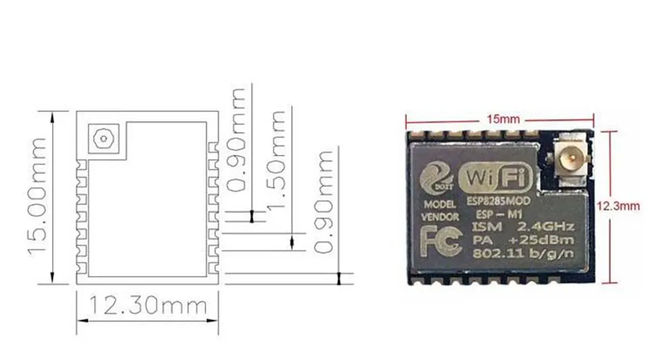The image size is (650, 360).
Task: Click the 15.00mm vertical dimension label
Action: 38,196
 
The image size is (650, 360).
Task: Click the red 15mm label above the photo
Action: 503,118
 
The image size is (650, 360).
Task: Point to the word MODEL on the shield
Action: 438,204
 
